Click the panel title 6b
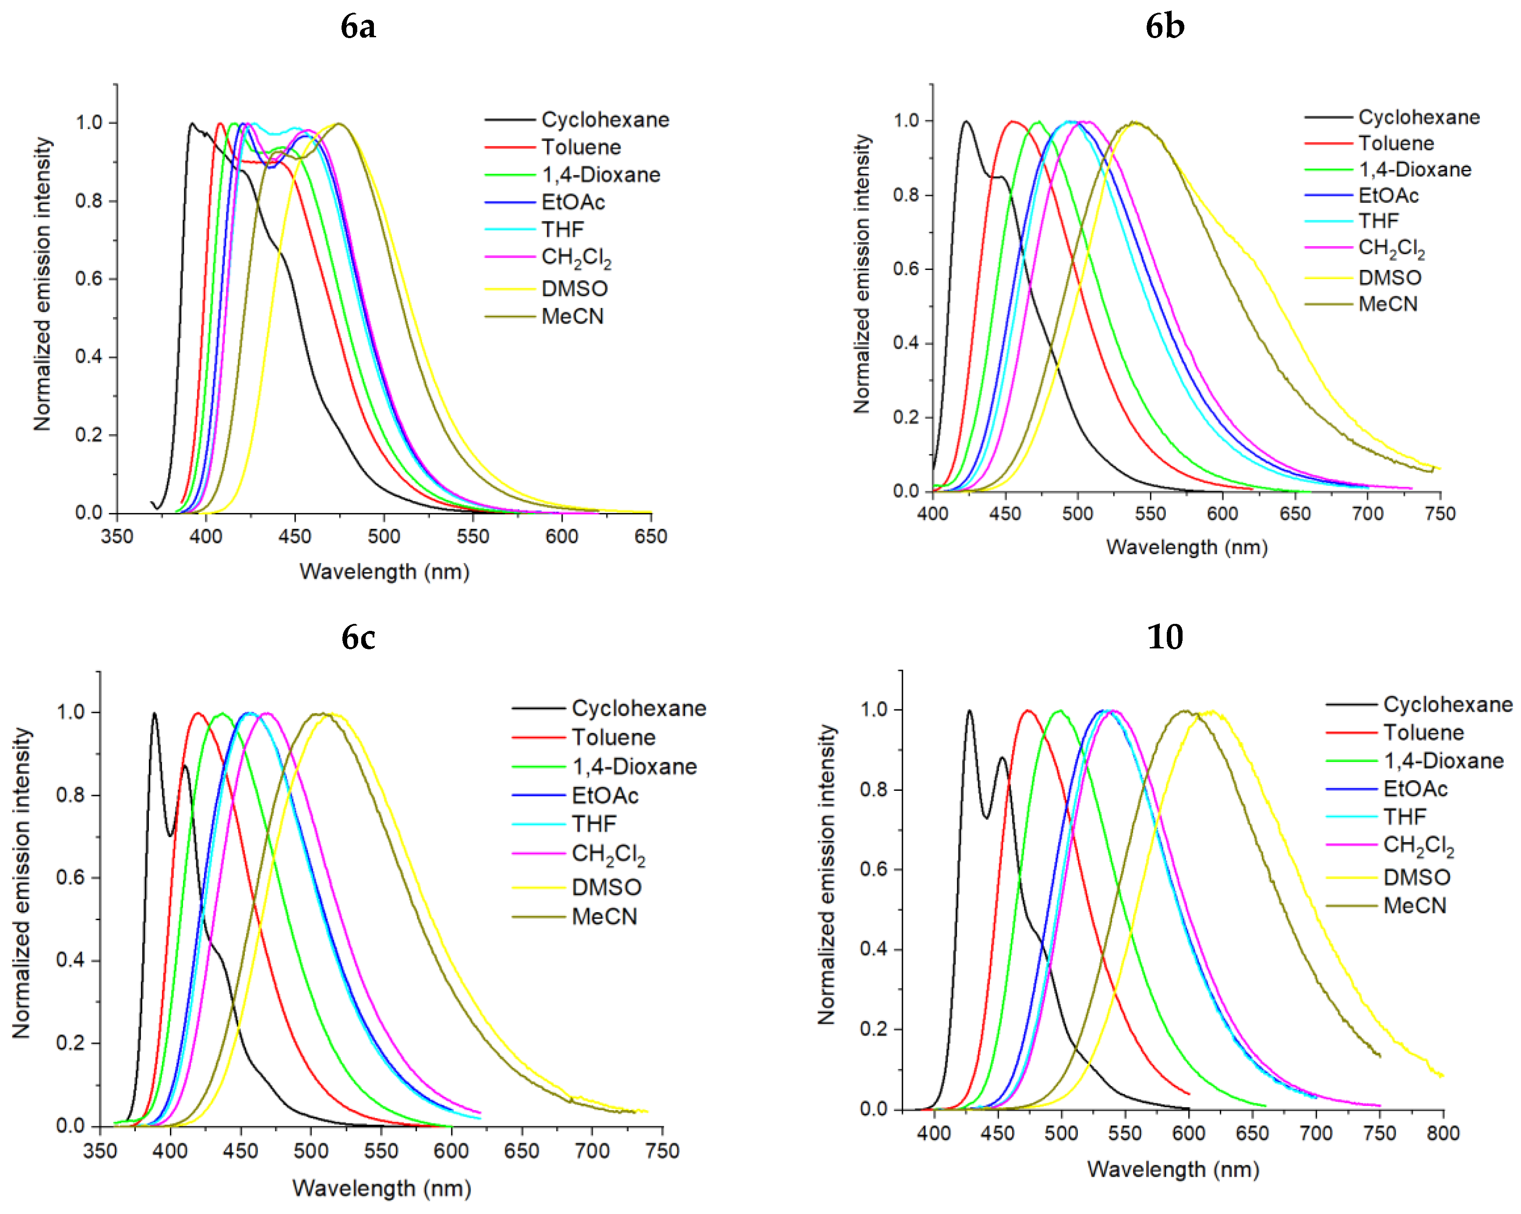point(1165,27)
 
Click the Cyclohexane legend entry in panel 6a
point(605,120)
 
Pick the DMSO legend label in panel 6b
point(1390,277)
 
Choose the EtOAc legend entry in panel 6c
point(605,796)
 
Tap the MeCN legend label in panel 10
point(1415,906)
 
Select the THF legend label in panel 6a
point(562,230)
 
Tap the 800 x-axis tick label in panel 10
point(1443,1133)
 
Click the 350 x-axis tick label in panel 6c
point(100,1151)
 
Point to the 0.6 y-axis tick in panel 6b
point(906,269)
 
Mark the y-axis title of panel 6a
point(42,284)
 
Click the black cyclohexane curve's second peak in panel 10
point(1002,758)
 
